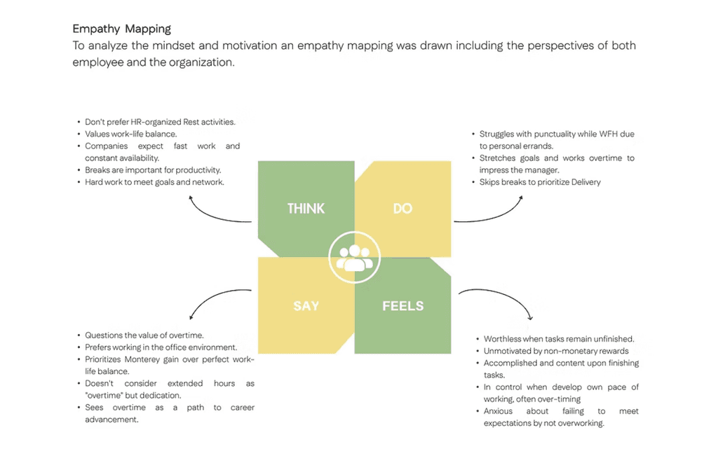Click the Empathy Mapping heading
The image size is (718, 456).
tap(122, 29)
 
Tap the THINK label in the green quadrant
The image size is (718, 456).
tap(306, 209)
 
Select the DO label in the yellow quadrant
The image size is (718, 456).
tap(402, 209)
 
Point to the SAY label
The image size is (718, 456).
tap(306, 306)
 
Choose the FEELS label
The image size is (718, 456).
tap(402, 306)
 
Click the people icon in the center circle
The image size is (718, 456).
tap(354, 258)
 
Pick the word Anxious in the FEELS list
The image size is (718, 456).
tap(498, 411)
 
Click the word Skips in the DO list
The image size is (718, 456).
tap(491, 182)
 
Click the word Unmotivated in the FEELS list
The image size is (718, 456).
tap(508, 351)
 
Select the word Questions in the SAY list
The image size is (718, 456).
tap(104, 336)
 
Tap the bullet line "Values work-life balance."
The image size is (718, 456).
tap(130, 134)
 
